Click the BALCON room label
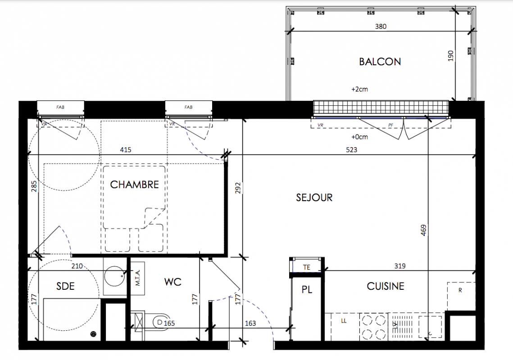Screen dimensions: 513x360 pos(380,62)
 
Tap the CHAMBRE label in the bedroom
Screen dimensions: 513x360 pos(135,185)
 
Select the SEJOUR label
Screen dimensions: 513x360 pos(314,198)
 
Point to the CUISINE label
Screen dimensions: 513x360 pos(386,287)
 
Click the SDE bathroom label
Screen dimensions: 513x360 pos(65,287)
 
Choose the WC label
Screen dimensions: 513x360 pos(173,282)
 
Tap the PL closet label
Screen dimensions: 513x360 pos(307,289)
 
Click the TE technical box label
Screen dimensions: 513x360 pos(307,267)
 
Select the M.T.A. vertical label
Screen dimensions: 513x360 pos(138,278)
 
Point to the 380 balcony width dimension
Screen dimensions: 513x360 pos(381,27)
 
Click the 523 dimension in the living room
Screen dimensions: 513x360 pos(352,150)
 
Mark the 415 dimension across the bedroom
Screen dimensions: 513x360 pos(126,150)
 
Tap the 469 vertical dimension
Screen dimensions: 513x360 pos(423,230)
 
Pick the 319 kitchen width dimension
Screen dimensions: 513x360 pos(400,266)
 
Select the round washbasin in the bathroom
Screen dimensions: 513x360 pos(114,277)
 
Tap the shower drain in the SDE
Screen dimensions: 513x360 pos(94,334)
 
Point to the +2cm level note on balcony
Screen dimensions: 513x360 pos(359,89)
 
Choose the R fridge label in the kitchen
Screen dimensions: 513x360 pos(460,290)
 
